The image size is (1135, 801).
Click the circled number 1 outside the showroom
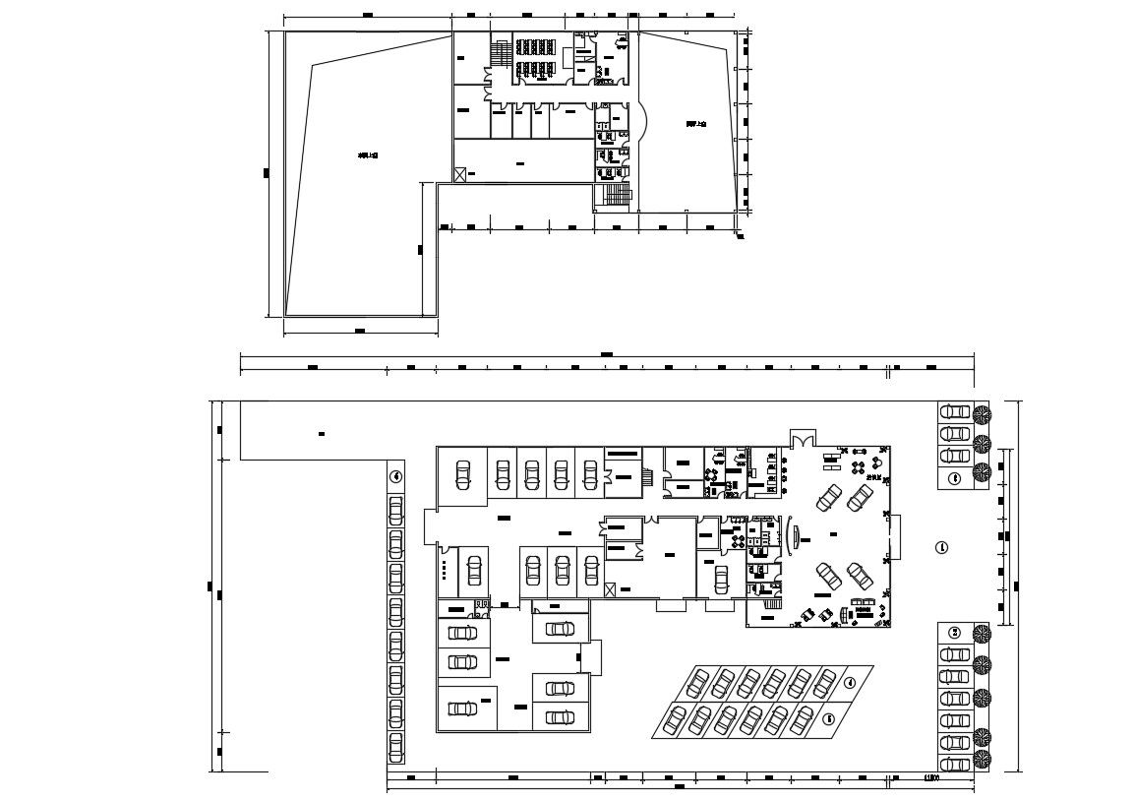pyautogui.click(x=940, y=547)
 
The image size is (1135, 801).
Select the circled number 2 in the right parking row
pyautogui.click(x=953, y=632)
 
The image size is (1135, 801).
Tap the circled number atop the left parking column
pyautogui.click(x=395, y=476)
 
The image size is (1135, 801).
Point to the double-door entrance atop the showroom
pyautogui.click(x=802, y=437)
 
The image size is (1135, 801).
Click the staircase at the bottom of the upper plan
pyautogui.click(x=615, y=196)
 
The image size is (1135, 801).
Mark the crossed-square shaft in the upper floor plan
pyautogui.click(x=459, y=173)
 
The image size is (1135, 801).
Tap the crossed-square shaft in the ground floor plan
pyautogui.click(x=612, y=588)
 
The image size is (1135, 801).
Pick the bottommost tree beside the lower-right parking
pyautogui.click(x=982, y=759)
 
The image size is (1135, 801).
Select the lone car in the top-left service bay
pyautogui.click(x=462, y=474)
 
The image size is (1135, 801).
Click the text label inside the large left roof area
pyautogui.click(x=368, y=155)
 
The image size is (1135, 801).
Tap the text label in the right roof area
pyautogui.click(x=696, y=125)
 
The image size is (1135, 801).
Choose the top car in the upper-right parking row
pyautogui.click(x=953, y=412)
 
